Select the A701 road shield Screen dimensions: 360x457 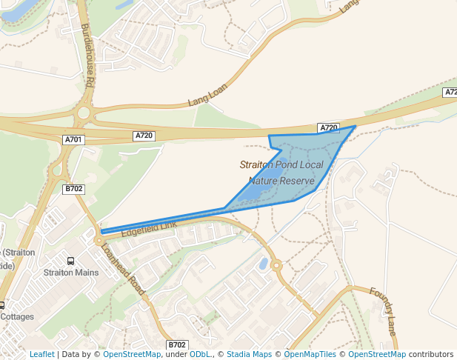[x=73, y=139]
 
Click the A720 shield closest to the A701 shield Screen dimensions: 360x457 [x=144, y=136]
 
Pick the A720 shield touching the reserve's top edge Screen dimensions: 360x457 [x=328, y=128]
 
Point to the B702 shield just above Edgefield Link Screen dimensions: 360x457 [x=73, y=189]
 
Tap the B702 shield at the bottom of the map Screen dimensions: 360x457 [x=177, y=345]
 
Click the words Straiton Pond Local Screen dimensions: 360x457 [x=281, y=165]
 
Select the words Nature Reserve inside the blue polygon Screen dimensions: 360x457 [x=281, y=181]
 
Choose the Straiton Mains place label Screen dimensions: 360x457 [x=71, y=273]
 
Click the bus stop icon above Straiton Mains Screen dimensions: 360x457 [x=71, y=261]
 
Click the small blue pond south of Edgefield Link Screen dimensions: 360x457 [x=263, y=263]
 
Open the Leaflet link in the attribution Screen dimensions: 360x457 [x=41, y=354]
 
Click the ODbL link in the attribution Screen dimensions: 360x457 [x=201, y=354]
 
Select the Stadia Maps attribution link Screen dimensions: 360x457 [x=249, y=354]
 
